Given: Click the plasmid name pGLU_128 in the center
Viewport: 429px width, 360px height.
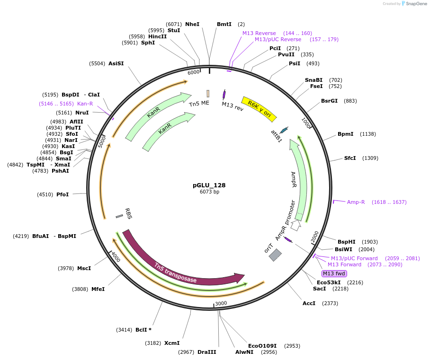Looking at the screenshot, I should point(209,185).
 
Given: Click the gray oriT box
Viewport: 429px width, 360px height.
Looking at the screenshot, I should point(275,255).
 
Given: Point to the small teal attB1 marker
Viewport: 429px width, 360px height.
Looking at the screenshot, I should point(284,130).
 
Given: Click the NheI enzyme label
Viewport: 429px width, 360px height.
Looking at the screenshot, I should point(192,24).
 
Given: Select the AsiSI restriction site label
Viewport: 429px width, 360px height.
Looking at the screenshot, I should point(116,63).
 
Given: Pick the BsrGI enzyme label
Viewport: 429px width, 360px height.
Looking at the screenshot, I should point(329,101).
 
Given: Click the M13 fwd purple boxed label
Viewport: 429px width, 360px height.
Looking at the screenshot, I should point(334,273).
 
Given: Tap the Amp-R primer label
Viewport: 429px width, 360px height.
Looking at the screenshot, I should point(356,202).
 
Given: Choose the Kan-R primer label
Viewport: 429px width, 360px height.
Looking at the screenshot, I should point(85,103).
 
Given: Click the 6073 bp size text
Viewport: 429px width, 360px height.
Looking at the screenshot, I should point(209,192).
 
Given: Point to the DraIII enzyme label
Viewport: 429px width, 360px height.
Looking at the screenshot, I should point(206,352).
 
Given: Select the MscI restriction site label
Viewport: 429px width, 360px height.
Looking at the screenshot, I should point(84,268).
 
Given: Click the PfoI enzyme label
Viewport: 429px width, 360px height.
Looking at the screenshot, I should point(63,194).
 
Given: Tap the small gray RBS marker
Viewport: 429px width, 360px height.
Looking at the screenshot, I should point(119,216).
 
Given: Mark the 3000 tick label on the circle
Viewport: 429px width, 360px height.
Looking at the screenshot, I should point(221,303).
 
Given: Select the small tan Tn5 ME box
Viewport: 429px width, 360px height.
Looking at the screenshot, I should point(208,94).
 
